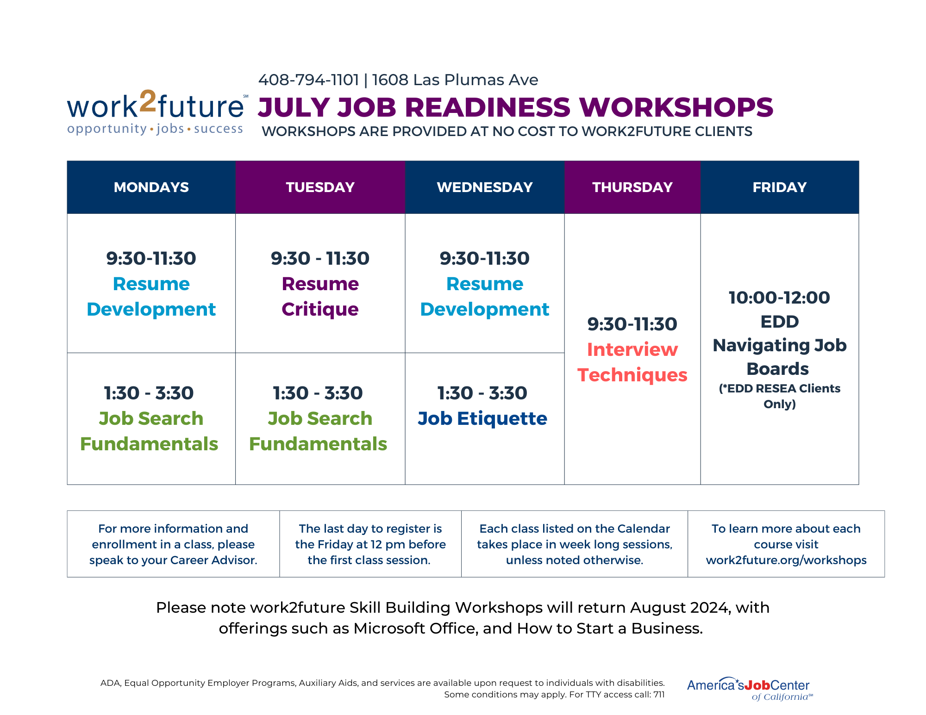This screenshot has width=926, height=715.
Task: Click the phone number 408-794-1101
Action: click(x=308, y=80)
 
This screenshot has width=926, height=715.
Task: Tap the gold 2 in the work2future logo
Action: click(x=148, y=101)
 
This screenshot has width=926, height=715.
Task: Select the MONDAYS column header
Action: click(x=151, y=187)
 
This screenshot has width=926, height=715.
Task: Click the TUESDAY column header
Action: click(x=320, y=187)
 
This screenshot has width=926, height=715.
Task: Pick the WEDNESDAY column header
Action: click(x=484, y=187)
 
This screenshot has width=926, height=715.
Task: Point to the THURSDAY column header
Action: click(x=632, y=187)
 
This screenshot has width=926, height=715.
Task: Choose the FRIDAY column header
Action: click(x=779, y=187)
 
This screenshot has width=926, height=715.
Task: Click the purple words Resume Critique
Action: click(x=320, y=297)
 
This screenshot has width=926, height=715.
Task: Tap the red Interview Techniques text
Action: click(x=632, y=362)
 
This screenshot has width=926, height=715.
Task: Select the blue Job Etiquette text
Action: click(x=482, y=419)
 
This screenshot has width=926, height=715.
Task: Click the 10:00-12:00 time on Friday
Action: click(x=779, y=298)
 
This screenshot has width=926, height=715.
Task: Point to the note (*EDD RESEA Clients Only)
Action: click(x=779, y=396)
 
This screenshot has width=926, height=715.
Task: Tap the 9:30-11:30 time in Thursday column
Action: click(x=632, y=324)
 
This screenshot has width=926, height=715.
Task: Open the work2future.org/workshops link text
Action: click(x=786, y=560)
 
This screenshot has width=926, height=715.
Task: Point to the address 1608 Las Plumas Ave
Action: click(x=455, y=80)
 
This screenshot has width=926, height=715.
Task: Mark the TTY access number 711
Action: click(x=658, y=695)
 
